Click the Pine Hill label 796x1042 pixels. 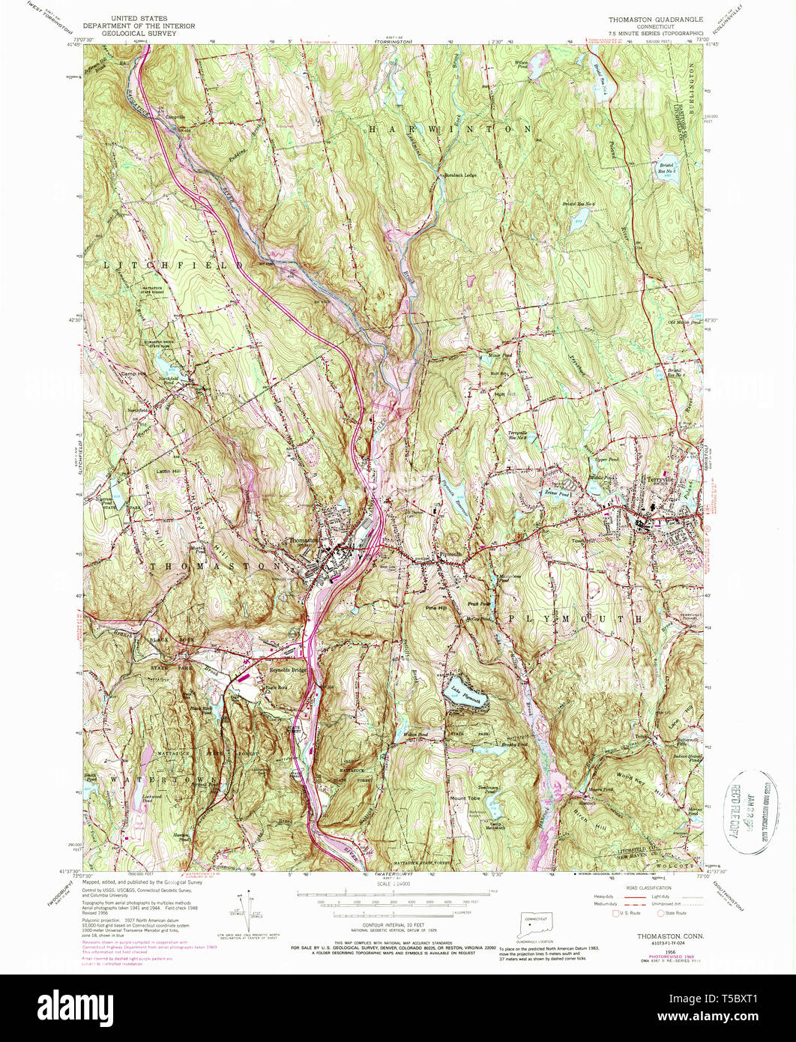(435, 608)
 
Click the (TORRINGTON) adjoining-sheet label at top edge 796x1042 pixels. (395, 42)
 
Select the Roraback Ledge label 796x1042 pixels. (459, 175)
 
